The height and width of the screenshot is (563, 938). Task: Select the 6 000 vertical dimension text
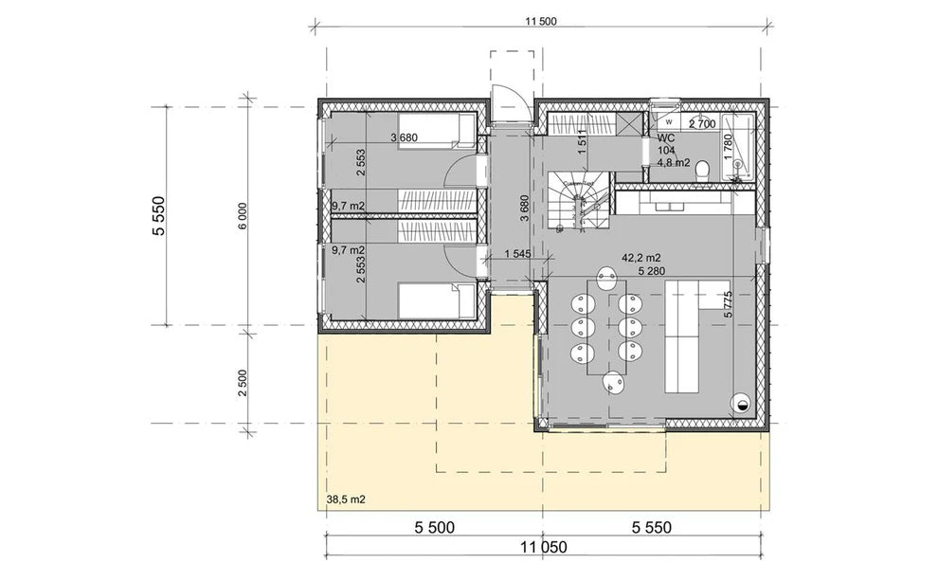243,217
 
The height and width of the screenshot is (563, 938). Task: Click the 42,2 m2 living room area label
640,257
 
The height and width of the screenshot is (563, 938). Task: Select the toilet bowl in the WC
702,171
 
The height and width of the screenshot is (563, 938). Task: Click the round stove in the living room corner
740,403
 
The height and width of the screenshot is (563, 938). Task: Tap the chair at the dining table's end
616,383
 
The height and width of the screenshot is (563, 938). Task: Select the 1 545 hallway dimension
517,254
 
